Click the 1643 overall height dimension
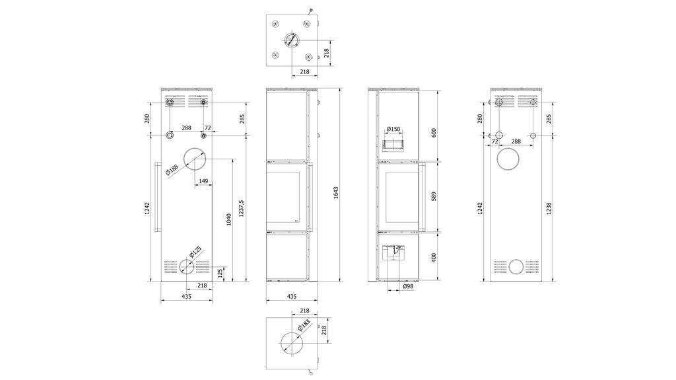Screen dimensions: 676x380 click(x=336, y=192)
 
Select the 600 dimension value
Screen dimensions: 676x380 click(x=434, y=133)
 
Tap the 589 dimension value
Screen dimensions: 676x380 click(x=434, y=196)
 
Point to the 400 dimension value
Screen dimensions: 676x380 click(x=434, y=257)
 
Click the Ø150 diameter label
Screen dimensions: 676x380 click(x=393, y=129)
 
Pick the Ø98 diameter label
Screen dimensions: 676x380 click(x=408, y=286)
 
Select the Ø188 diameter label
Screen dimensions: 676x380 click(x=172, y=171)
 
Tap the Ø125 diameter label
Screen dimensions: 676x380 click(x=195, y=252)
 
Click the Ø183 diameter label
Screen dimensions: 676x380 click(x=304, y=325)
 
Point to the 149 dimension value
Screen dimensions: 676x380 click(x=203, y=181)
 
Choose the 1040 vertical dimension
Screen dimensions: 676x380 click(x=229, y=219)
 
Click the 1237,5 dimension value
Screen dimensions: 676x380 click(x=242, y=208)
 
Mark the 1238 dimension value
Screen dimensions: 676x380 click(x=549, y=208)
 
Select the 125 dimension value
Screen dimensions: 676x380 click(x=220, y=274)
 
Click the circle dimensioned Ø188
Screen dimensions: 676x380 click(x=195, y=149)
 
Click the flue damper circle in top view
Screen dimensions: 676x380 click(x=292, y=41)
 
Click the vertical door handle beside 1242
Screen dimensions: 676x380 click(x=158, y=197)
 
